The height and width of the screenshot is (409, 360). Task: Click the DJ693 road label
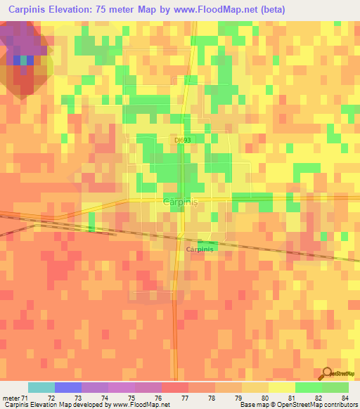click(183, 140)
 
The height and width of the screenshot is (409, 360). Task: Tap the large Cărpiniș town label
click(181, 201)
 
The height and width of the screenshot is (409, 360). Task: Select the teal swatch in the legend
click(41, 387)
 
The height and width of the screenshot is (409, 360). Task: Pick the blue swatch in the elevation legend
click(68, 387)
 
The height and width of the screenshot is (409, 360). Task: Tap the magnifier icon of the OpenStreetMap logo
click(327, 374)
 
